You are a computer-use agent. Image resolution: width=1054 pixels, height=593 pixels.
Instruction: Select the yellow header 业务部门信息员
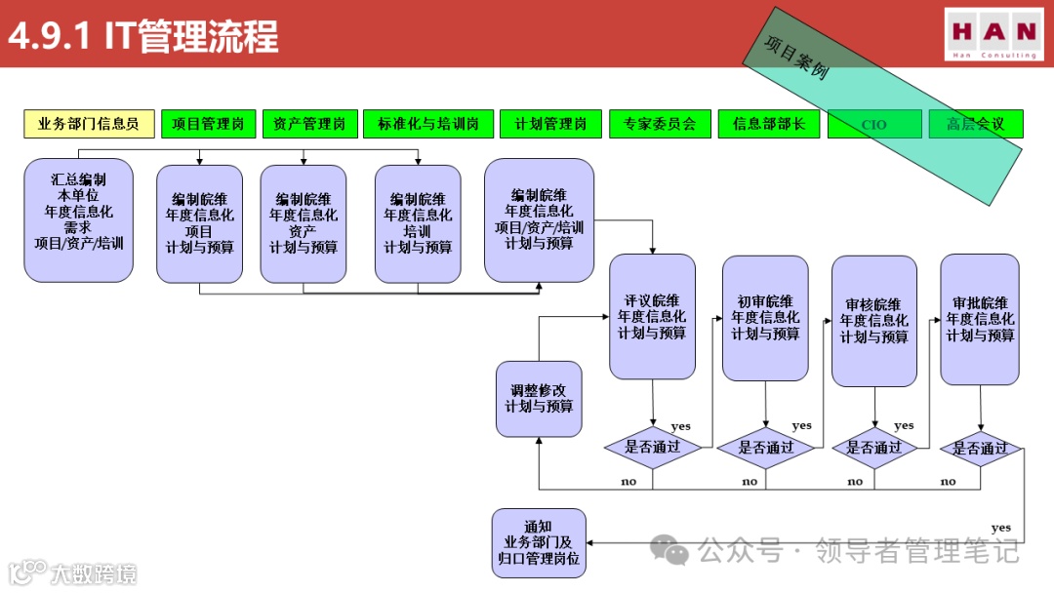pyautogui.click(x=89, y=124)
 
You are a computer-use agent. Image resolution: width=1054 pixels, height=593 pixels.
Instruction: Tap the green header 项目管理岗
pyautogui.click(x=208, y=124)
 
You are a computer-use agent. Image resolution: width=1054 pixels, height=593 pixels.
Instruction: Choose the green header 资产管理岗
pyautogui.click(x=309, y=124)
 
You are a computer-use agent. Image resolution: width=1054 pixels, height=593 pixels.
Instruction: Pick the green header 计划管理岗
pyautogui.click(x=550, y=124)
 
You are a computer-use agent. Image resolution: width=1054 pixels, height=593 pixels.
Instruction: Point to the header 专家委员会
pyautogui.click(x=660, y=124)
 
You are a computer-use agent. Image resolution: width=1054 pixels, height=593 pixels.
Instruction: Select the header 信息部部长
pyautogui.click(x=768, y=124)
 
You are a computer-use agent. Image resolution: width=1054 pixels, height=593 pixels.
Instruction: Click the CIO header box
pyautogui.click(x=873, y=125)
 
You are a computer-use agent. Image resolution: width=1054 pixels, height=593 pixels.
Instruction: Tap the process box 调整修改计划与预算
pyautogui.click(x=539, y=398)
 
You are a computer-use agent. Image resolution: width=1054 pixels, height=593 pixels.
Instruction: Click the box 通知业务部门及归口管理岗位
pyautogui.click(x=539, y=542)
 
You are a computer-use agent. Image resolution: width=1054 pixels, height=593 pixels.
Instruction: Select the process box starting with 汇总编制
pyautogui.click(x=78, y=220)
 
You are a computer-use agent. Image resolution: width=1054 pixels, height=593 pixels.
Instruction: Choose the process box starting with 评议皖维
pyautogui.click(x=652, y=317)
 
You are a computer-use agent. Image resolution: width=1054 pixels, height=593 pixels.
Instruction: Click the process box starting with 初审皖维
pyautogui.click(x=765, y=318)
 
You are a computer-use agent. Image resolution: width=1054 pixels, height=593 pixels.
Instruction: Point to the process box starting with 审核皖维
pyautogui.click(x=873, y=321)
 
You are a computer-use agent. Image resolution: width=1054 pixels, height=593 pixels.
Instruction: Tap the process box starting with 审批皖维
pyautogui.click(x=980, y=319)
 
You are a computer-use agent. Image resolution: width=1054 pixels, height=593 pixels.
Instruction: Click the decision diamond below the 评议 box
pyautogui.click(x=653, y=448)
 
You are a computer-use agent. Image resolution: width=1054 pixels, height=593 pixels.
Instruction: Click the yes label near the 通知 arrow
pyautogui.click(x=1000, y=528)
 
